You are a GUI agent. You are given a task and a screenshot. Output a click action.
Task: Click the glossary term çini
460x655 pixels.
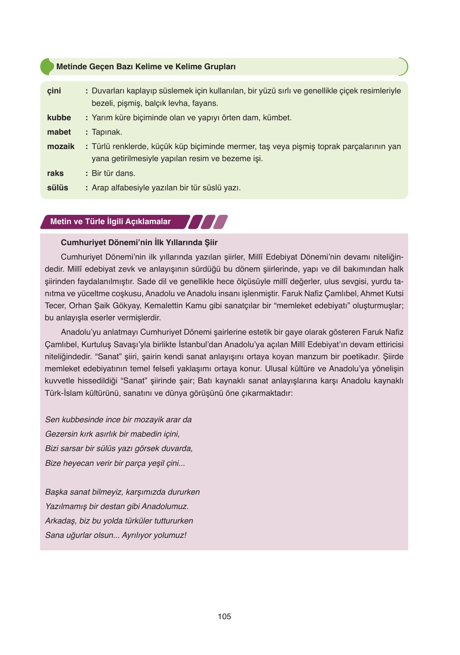click(54, 91)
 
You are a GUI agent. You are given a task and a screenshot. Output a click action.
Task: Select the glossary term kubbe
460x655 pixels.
click(59, 118)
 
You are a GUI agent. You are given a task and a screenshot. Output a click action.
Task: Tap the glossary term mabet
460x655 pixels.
click(59, 132)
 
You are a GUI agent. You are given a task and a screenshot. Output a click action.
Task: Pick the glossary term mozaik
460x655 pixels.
click(60, 147)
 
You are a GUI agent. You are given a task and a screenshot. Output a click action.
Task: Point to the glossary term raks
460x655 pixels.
click(55, 173)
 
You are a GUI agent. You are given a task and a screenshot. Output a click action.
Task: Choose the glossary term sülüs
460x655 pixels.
click(58, 188)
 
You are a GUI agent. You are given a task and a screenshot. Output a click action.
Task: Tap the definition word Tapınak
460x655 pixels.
click(107, 132)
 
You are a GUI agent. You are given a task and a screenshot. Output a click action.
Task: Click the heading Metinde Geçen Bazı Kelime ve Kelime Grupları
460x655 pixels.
click(146, 67)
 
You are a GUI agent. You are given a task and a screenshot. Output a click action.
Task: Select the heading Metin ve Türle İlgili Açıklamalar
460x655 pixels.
click(111, 221)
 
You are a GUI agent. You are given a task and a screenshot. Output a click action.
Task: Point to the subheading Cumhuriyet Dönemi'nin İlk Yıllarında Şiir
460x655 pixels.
click(139, 242)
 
